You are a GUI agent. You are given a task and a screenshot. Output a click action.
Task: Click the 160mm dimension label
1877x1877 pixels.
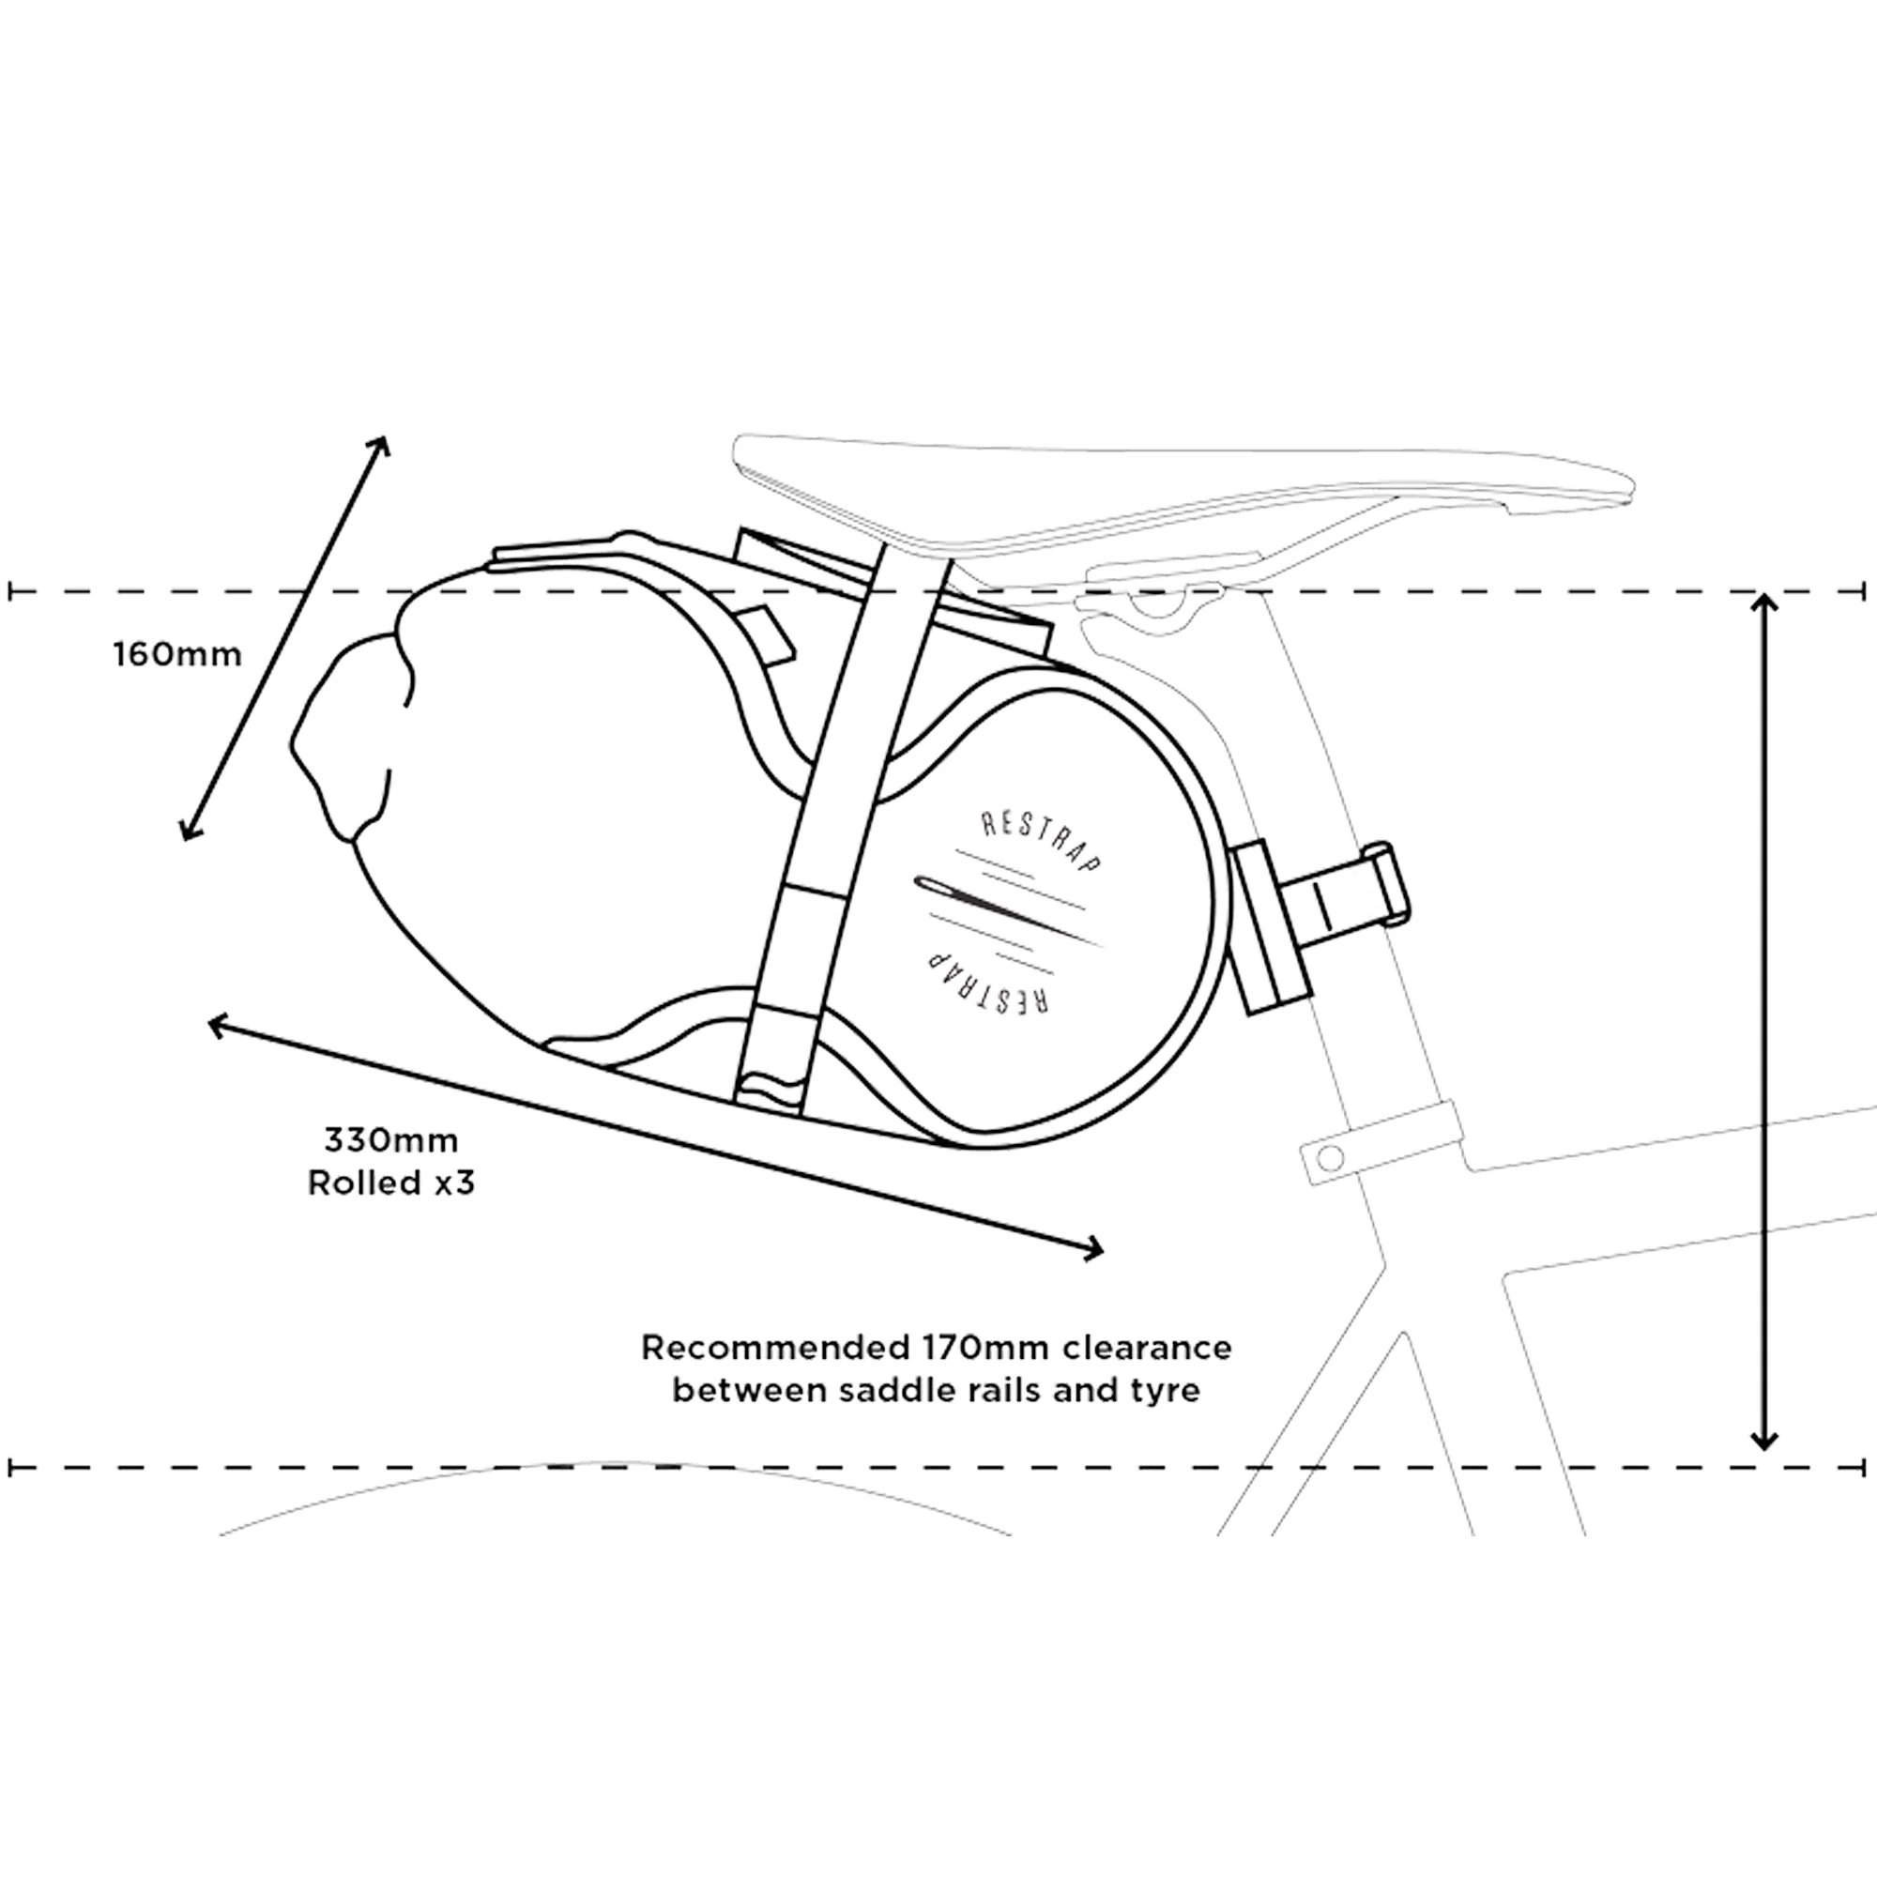coord(177,655)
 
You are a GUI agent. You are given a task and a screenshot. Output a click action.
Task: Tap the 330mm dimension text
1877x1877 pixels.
coord(390,1139)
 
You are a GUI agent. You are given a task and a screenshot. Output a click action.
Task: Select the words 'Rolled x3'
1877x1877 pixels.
coord(391,1183)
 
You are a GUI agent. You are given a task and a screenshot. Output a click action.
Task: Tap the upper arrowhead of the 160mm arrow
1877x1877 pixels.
coord(381,447)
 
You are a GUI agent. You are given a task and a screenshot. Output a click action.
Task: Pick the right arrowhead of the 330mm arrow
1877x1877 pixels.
coord(1094,1250)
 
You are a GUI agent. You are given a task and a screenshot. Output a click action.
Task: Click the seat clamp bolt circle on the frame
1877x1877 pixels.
coord(1331,1156)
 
